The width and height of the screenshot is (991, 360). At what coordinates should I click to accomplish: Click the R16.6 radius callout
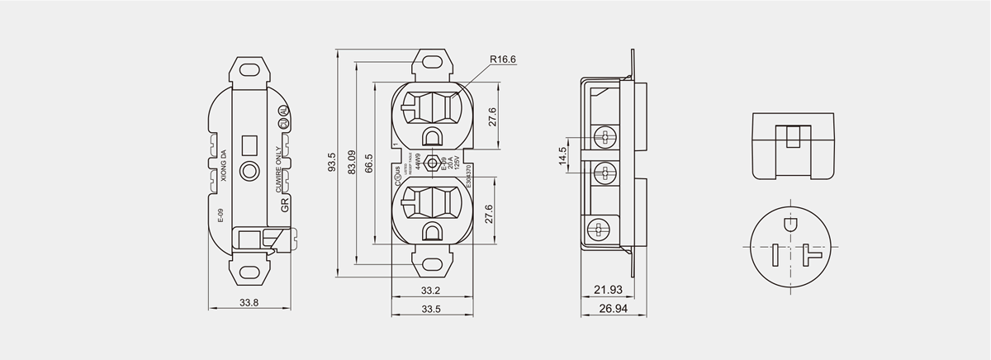(503, 59)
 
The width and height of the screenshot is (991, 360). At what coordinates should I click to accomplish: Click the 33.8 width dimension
(249, 302)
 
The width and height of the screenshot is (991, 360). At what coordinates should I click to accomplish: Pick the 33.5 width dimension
(430, 309)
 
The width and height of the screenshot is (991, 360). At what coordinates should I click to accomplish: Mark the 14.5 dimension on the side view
(562, 155)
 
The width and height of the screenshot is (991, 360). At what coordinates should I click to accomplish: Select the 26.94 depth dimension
(612, 309)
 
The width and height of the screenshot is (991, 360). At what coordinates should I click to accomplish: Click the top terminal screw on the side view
(606, 135)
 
